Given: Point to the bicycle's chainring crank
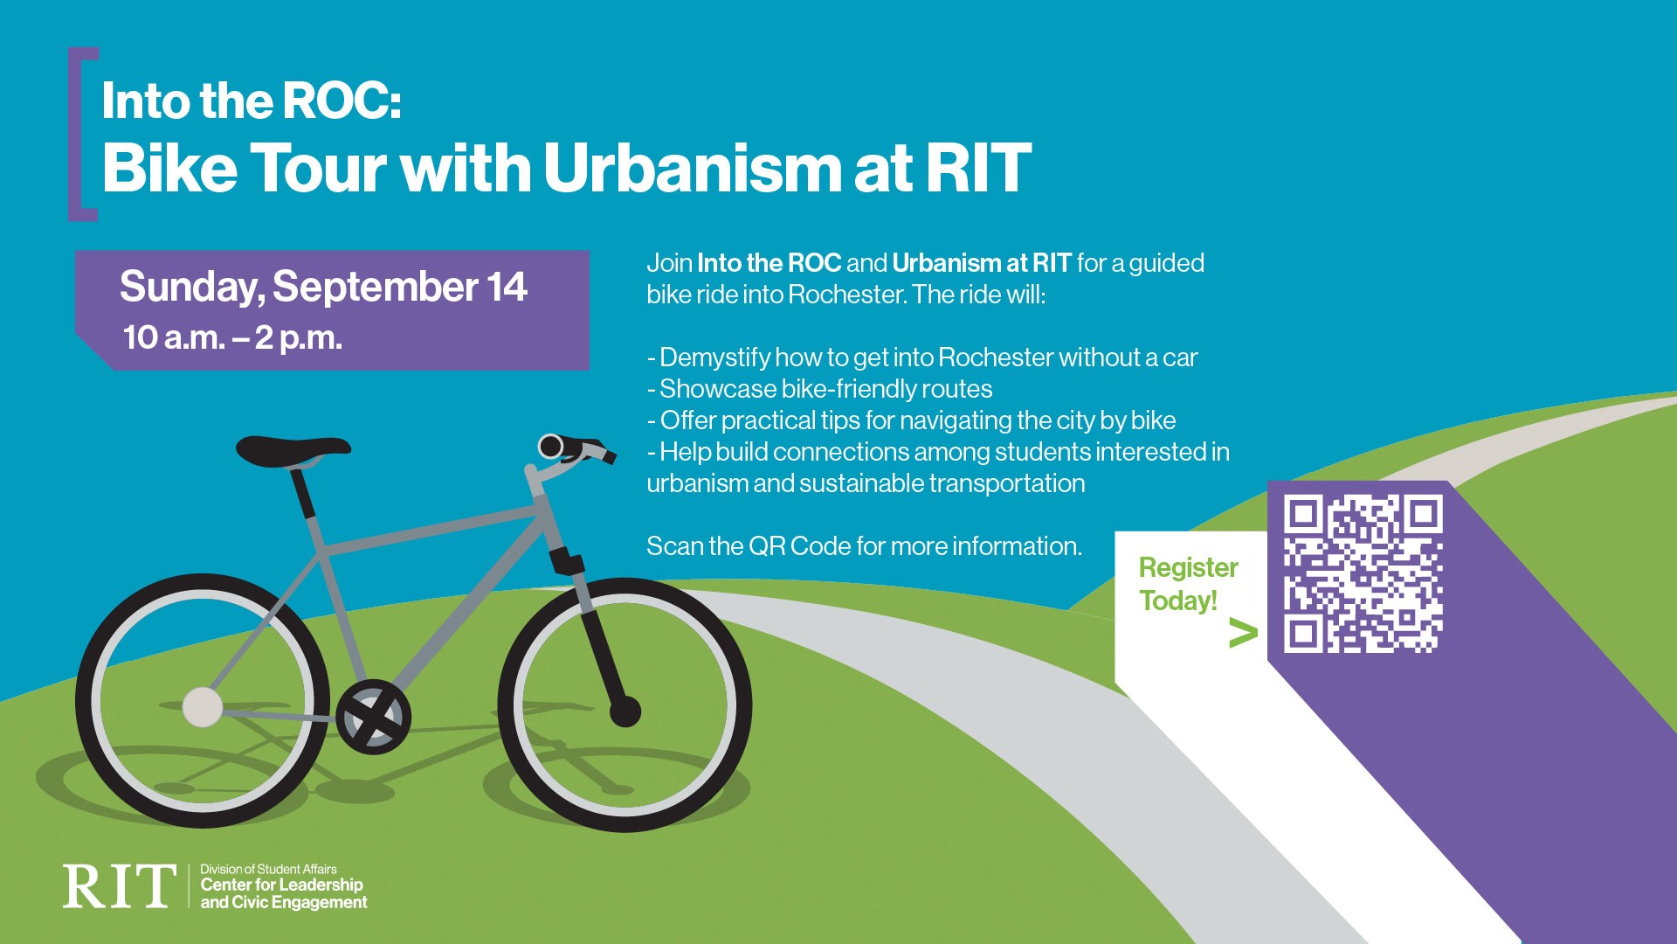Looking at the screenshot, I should (x=373, y=717).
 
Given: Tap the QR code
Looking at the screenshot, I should (x=1363, y=573).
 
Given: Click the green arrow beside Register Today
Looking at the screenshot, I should (x=1242, y=634).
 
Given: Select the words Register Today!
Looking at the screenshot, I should (x=1187, y=584).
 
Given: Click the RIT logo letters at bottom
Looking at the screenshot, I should (x=119, y=886).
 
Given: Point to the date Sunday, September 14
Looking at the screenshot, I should (x=323, y=287).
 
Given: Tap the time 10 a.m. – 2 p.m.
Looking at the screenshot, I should (x=232, y=337).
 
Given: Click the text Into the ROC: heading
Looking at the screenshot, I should (x=251, y=101).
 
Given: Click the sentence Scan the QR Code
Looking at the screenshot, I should (x=863, y=546).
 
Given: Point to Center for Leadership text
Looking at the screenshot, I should (x=281, y=885).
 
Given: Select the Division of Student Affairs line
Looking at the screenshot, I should (x=268, y=869).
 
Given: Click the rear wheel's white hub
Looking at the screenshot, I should (x=203, y=706).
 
